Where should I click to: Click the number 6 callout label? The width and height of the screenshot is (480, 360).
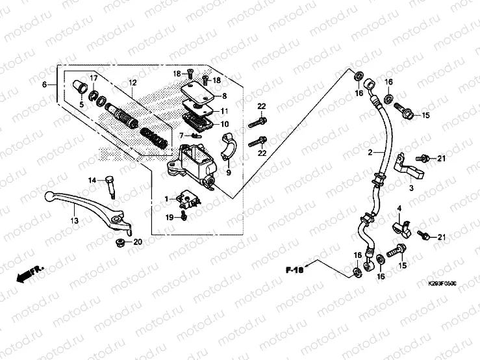click(45, 86)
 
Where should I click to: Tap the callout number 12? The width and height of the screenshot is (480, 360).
click(132, 83)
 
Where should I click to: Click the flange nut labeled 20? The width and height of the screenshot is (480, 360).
click(120, 243)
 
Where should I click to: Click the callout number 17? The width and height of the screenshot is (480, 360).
click(94, 79)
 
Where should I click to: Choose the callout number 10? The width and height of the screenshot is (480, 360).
click(225, 124)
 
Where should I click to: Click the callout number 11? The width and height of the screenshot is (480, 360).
click(225, 111)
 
